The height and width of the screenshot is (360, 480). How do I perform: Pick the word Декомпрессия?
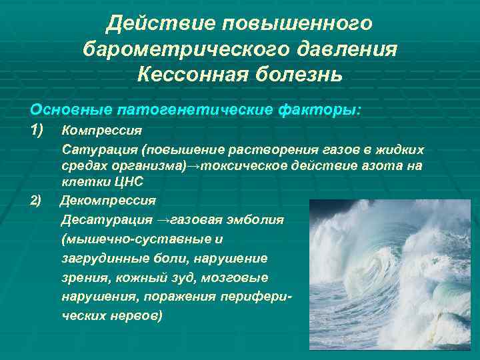[x=108, y=199]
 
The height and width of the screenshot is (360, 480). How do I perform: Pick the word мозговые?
[x=231, y=277]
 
